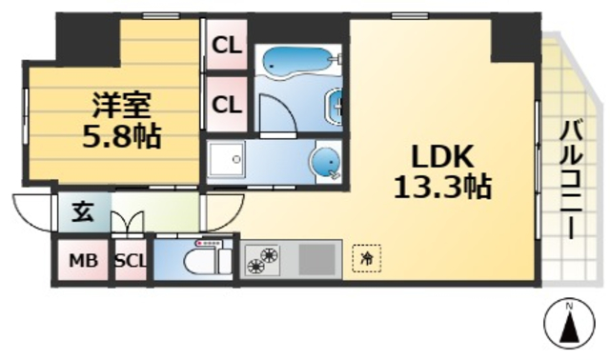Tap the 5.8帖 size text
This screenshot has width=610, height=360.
click(x=120, y=135)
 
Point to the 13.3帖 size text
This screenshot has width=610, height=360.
click(x=441, y=187)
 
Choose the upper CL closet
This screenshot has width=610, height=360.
click(x=226, y=45)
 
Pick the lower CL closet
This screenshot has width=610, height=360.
click(x=226, y=104)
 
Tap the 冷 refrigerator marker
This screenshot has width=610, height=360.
click(x=366, y=257)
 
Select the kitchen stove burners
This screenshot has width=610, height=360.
click(x=264, y=259)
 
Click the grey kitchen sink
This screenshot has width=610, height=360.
click(x=318, y=258)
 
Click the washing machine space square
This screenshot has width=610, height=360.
click(x=226, y=162)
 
